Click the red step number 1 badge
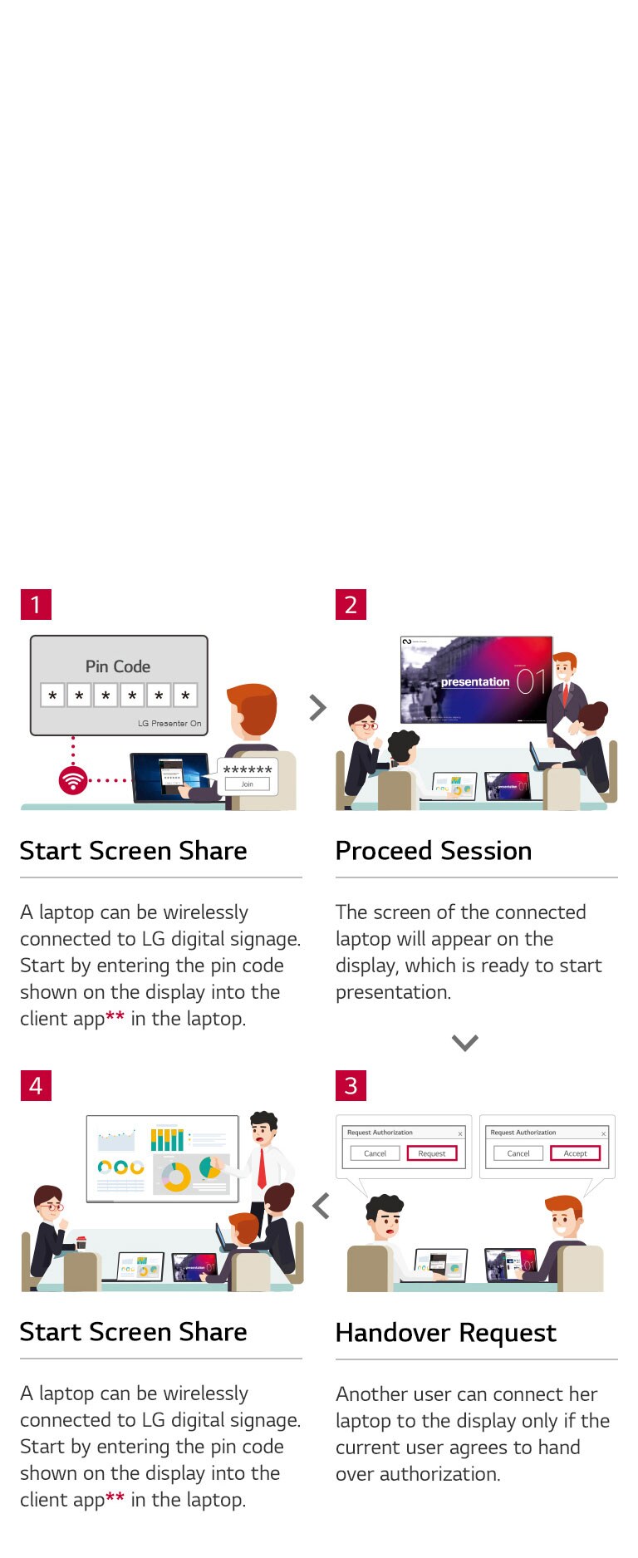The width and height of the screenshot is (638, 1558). tap(36, 604)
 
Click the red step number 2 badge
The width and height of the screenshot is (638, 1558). tap(351, 604)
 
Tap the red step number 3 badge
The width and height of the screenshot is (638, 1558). tap(351, 1085)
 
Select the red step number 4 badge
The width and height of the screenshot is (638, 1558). tap(36, 1085)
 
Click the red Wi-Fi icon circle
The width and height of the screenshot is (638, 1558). tap(73, 780)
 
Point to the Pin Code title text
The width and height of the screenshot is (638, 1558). tap(118, 666)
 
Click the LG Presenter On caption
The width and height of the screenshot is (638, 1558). tap(169, 723)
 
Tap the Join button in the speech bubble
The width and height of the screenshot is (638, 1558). tap(248, 784)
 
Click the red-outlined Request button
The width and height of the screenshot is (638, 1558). tap(432, 1153)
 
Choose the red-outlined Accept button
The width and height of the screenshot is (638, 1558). tap(575, 1153)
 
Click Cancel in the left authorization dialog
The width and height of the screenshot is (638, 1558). tap(375, 1153)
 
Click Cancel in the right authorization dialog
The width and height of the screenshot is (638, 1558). tap(518, 1153)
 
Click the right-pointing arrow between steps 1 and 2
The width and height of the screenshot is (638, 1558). tap(317, 708)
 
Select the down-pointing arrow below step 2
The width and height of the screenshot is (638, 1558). tap(464, 1042)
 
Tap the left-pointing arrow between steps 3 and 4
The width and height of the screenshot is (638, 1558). tap(321, 1206)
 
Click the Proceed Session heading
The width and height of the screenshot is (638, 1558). tap(433, 851)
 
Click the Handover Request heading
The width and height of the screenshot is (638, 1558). tap(445, 1333)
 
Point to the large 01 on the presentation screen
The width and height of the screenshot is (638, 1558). tap(531, 682)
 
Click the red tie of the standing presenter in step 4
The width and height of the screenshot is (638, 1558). tap(262, 1167)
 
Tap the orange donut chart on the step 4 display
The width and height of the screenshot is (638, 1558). tap(176, 1177)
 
